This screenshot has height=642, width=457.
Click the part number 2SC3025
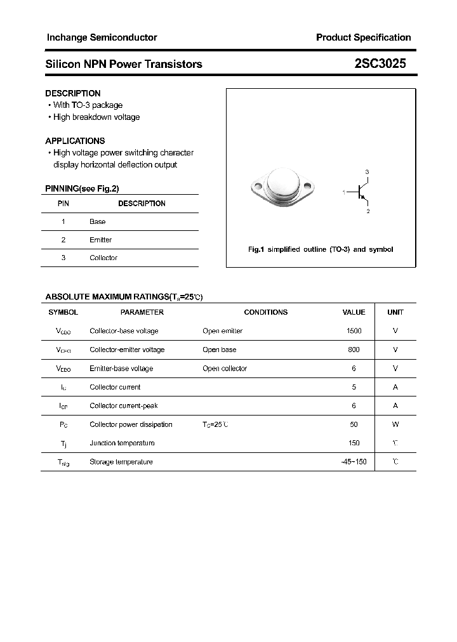(x=380, y=64)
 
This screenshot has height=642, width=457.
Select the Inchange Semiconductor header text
(x=102, y=37)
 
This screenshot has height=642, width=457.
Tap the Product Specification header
(x=363, y=37)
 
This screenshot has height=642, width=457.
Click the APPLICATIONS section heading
(x=75, y=141)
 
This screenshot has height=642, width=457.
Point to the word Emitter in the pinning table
(x=100, y=240)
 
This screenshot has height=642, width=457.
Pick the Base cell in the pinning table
(x=97, y=221)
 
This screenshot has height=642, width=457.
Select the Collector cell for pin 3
(x=103, y=258)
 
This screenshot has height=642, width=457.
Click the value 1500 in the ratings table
(x=354, y=331)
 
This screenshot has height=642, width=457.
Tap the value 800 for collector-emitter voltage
(x=354, y=350)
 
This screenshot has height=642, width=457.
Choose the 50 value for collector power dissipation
(x=354, y=424)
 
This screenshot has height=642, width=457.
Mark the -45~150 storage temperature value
(x=354, y=462)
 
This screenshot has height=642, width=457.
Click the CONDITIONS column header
(x=265, y=312)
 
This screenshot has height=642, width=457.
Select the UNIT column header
(x=395, y=312)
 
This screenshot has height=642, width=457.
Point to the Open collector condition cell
(x=225, y=368)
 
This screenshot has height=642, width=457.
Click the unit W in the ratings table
(x=395, y=424)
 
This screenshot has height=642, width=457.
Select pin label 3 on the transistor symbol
(x=367, y=172)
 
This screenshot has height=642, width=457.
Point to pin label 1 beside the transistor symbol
(x=343, y=192)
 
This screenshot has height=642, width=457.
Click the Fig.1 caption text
(x=320, y=249)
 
